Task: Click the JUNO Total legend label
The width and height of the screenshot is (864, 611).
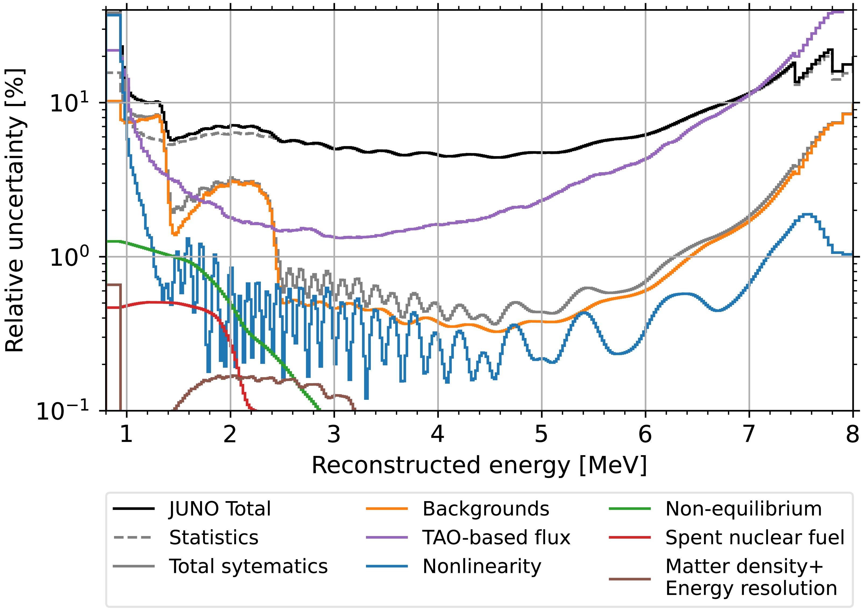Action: pos(220,509)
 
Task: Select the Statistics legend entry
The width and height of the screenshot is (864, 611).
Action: pos(214,538)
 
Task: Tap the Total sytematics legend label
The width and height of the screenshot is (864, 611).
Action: pos(248,566)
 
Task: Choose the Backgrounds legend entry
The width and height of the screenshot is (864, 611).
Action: pos(486,509)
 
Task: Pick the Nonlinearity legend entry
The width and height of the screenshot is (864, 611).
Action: pos(482,566)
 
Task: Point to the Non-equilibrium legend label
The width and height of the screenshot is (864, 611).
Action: pos(744,509)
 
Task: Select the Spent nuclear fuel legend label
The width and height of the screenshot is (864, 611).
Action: pos(755,538)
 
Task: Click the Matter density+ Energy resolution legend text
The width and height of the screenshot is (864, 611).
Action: pos(751,577)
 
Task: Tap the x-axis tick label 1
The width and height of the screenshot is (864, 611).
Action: pos(126,434)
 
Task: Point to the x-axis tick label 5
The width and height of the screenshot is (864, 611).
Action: pos(541,434)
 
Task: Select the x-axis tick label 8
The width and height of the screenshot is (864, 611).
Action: pos(853,434)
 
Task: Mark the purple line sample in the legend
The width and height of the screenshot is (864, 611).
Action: pos(387,538)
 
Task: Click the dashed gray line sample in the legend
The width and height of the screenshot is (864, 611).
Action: pos(134,538)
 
